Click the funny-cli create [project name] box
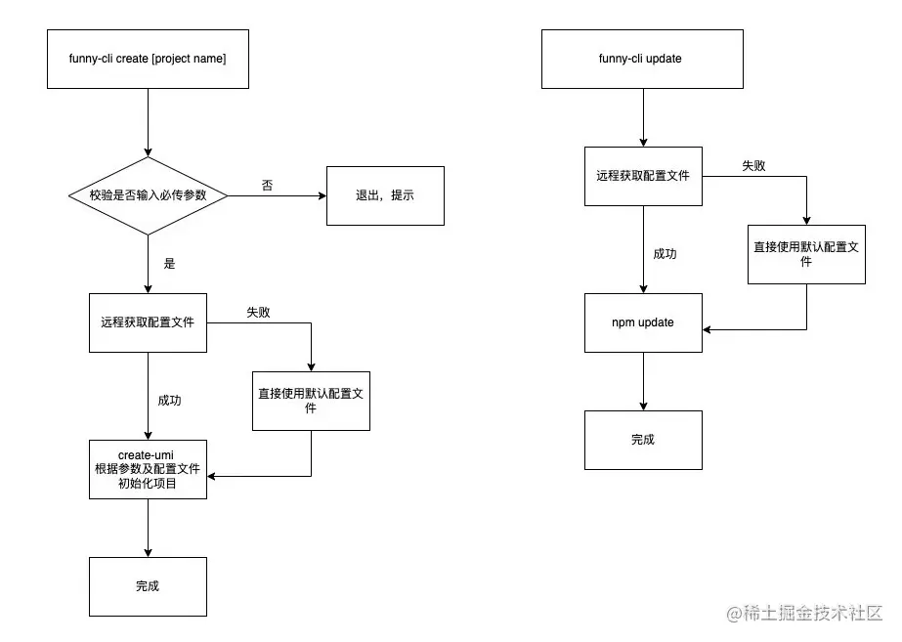pyautogui.click(x=148, y=59)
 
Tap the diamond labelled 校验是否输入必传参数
pyautogui.click(x=148, y=195)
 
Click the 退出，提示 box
pyautogui.click(x=385, y=195)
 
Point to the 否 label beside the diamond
pyautogui.click(x=267, y=186)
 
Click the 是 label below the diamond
pyautogui.click(x=169, y=264)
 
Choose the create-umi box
pyautogui.click(x=148, y=469)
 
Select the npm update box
pyautogui.click(x=642, y=322)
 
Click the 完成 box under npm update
pyautogui.click(x=642, y=440)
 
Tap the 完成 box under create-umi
pyautogui.click(x=148, y=586)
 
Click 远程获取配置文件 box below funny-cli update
pyautogui.click(x=642, y=176)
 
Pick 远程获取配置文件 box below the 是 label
pyautogui.click(x=148, y=322)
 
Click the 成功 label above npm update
pyautogui.click(x=665, y=254)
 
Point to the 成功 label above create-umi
pyautogui.click(x=169, y=401)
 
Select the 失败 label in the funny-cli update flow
pyautogui.click(x=752, y=166)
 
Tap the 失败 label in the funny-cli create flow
pyautogui.click(x=258, y=313)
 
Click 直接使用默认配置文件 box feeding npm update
pyautogui.click(x=806, y=254)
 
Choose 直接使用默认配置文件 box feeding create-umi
pyautogui.click(x=311, y=401)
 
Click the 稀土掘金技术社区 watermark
pyautogui.click(x=803, y=614)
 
